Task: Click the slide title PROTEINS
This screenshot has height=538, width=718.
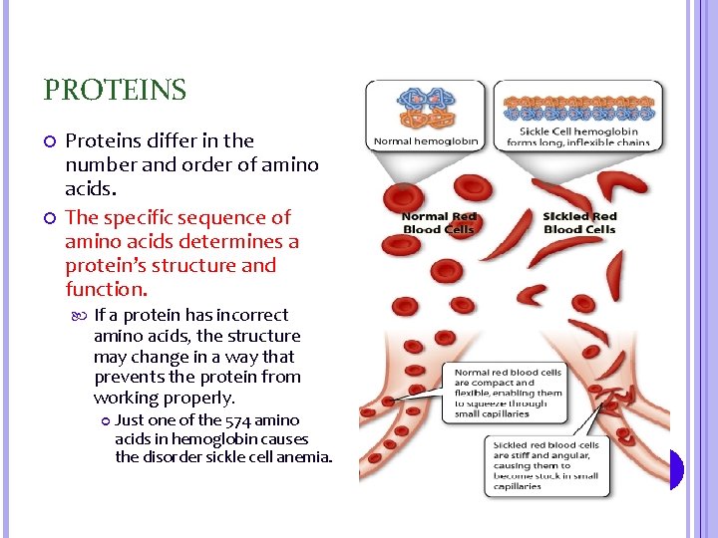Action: [x=115, y=91]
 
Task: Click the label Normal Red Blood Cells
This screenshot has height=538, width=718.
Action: [x=440, y=222]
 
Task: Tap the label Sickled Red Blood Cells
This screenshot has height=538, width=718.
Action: [x=580, y=222]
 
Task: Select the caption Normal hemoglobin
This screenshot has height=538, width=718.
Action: [x=426, y=141]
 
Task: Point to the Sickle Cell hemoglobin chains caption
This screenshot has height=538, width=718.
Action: [x=578, y=136]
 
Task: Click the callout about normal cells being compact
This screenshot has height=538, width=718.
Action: [x=508, y=393]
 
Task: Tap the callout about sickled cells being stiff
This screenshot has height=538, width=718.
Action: [x=545, y=465]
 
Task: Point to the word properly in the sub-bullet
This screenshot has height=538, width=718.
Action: [x=200, y=398]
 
